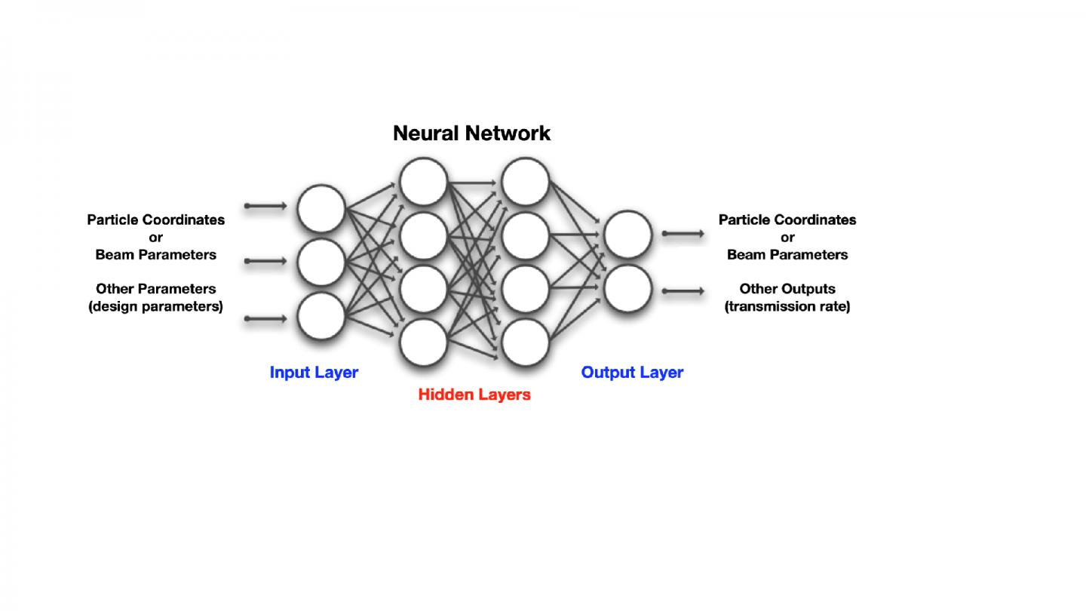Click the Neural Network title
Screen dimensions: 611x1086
(x=471, y=134)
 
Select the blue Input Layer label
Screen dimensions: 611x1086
(x=314, y=372)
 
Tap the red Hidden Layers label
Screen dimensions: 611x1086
(x=474, y=395)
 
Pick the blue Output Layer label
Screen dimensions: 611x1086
(x=632, y=372)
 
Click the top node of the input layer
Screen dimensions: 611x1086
(x=321, y=207)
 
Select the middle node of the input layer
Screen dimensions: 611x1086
(x=321, y=261)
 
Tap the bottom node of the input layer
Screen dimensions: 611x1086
(x=321, y=316)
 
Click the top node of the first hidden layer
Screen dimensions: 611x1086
(x=424, y=181)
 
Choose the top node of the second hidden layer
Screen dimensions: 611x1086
(x=526, y=181)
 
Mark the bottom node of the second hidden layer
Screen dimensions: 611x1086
(x=526, y=342)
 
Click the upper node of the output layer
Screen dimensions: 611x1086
(x=627, y=235)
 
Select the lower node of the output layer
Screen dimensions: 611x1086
(x=627, y=289)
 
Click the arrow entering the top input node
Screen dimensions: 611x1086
(x=265, y=206)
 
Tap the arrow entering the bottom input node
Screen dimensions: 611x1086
(x=265, y=319)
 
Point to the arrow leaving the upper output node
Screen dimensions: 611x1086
(x=683, y=234)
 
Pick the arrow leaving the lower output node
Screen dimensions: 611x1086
(x=683, y=291)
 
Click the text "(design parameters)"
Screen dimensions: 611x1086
(x=156, y=307)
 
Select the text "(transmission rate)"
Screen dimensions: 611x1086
(x=787, y=307)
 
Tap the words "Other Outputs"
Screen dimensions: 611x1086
(x=787, y=289)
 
